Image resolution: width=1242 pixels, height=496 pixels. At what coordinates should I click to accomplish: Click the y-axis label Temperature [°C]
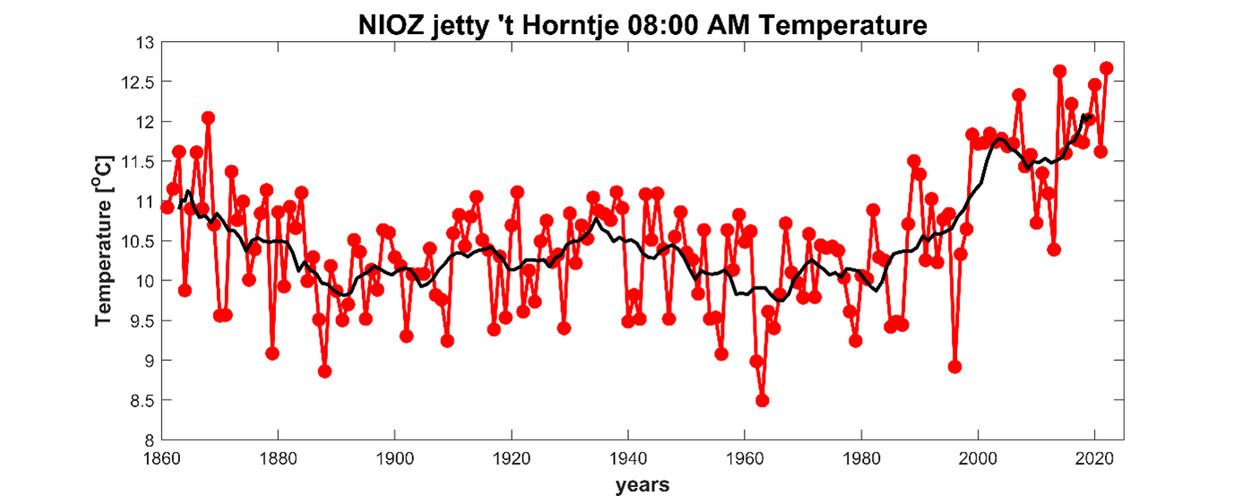point(105,240)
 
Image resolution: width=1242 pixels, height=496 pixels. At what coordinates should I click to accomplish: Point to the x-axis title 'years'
point(642,485)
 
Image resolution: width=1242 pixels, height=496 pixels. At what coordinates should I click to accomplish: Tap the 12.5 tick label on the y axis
point(137,82)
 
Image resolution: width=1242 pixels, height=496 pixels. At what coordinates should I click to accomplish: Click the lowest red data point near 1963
point(763,400)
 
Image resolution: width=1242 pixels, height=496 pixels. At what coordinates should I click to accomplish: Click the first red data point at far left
point(167,208)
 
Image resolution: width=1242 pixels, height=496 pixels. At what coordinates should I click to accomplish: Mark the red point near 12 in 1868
point(208,118)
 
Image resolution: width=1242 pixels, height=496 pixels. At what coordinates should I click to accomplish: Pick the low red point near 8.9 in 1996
point(955,366)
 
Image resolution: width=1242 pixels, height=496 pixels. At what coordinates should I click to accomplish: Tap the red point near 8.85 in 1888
point(324,371)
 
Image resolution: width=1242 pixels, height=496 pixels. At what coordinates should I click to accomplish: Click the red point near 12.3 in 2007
point(1019,95)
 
